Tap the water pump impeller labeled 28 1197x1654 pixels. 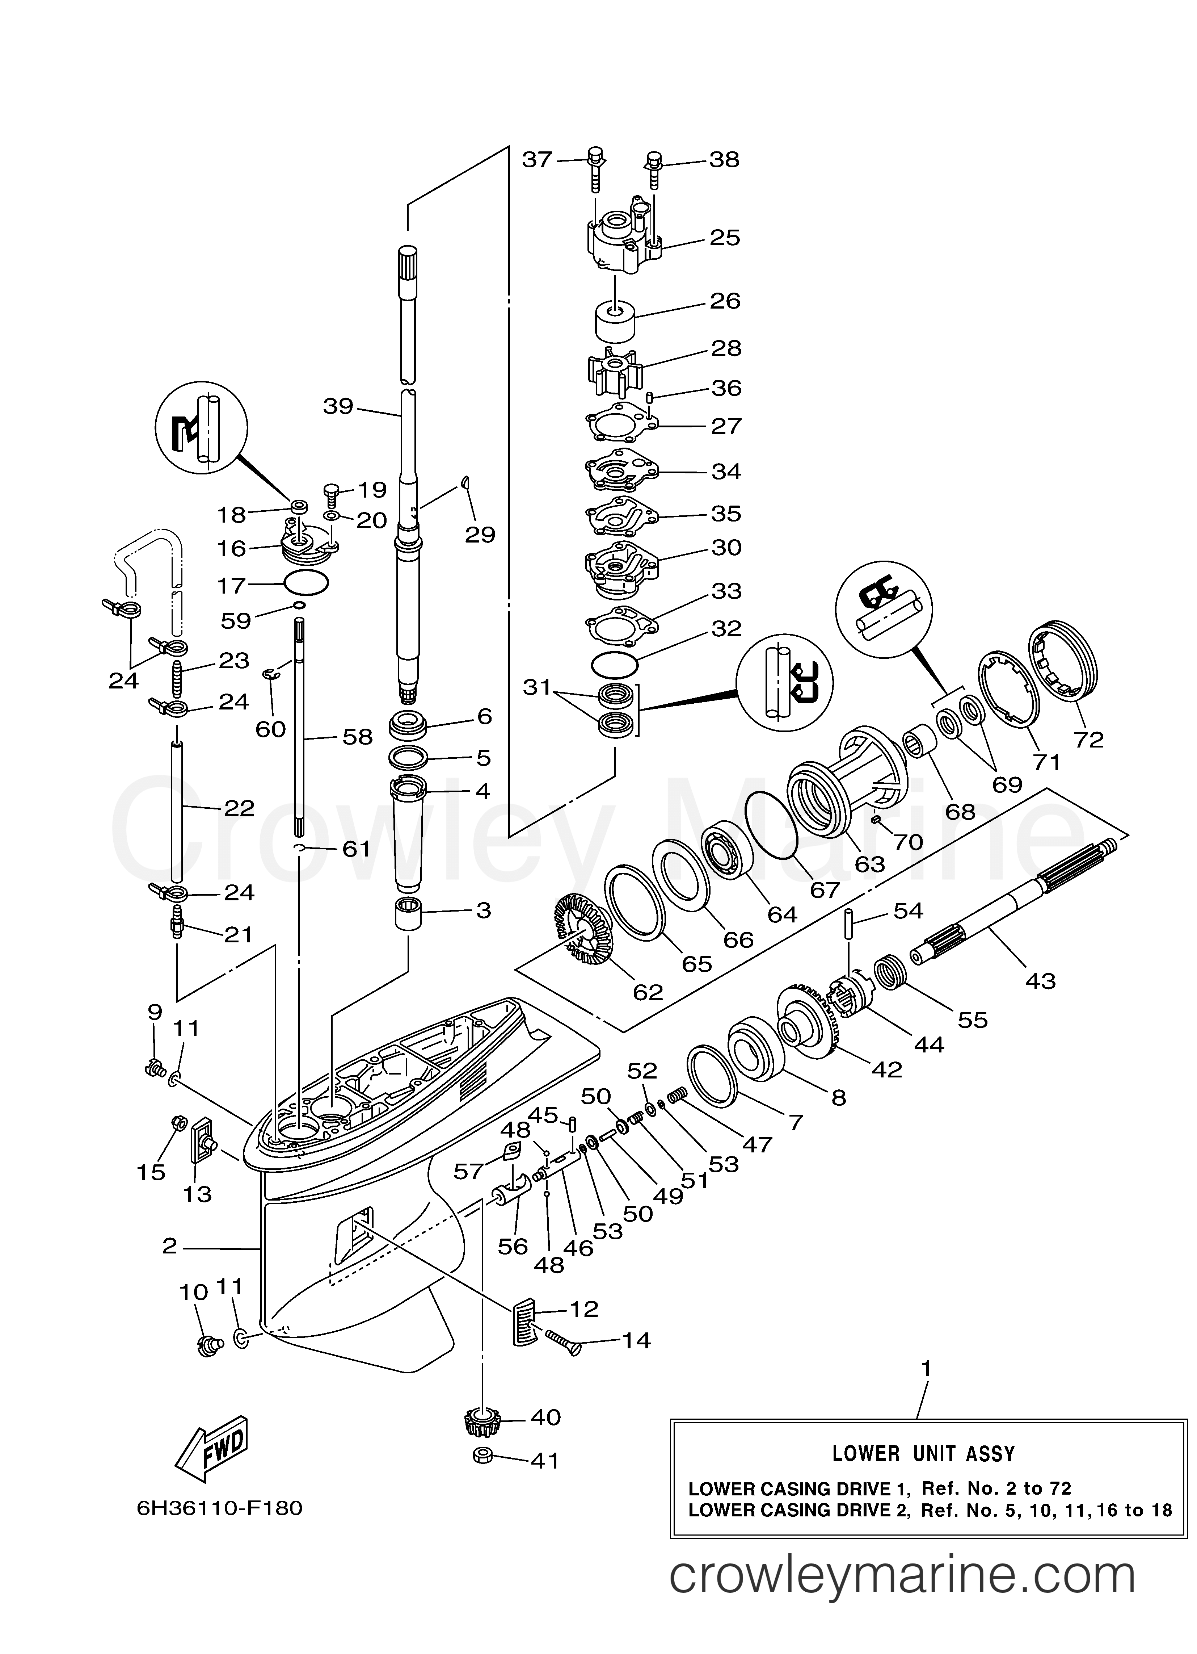click(615, 373)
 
